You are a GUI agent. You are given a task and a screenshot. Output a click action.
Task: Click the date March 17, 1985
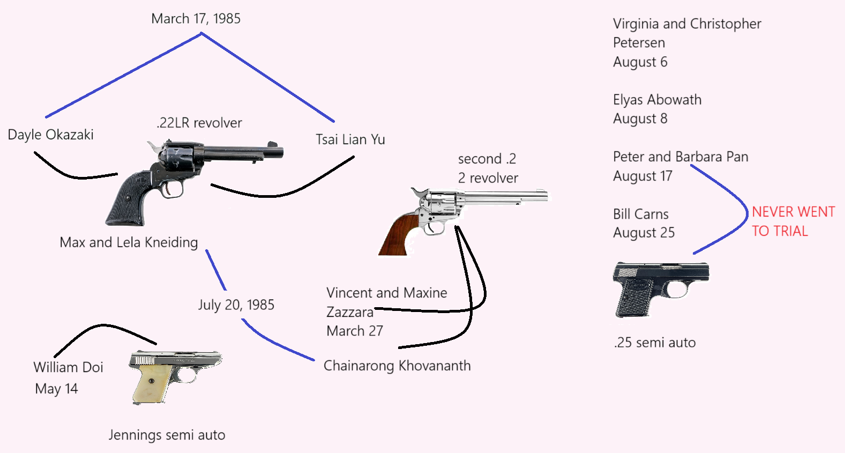(196, 19)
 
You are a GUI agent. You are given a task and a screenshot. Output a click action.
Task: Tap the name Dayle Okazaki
(51, 135)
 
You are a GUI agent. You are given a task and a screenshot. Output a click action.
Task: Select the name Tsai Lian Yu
(350, 140)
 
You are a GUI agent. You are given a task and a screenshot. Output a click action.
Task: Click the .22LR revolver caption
(199, 123)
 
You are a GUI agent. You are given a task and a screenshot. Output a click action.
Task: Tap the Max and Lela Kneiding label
(129, 242)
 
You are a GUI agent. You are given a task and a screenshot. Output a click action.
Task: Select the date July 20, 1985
(236, 305)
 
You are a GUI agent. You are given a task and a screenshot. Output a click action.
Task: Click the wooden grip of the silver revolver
(397, 233)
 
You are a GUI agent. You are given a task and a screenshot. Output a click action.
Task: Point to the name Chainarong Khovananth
(397, 366)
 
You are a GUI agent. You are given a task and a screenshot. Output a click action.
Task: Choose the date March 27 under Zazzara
(355, 331)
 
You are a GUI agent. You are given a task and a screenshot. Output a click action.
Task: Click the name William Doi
(68, 367)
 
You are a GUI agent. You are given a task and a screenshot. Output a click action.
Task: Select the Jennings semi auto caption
(167, 435)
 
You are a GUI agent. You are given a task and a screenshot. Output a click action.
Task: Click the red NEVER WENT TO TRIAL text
(792, 221)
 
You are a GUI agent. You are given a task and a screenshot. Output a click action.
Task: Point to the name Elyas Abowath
(657, 100)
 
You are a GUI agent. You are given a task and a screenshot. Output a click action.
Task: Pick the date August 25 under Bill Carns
(644, 233)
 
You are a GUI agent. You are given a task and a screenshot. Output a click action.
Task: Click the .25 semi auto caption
(655, 343)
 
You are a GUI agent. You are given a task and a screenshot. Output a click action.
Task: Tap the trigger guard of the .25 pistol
(678, 290)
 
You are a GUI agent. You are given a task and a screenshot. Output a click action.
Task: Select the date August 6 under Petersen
(640, 62)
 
